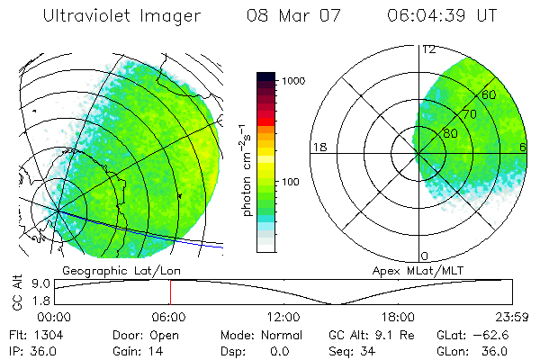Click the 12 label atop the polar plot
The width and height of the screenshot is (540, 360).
[428, 49]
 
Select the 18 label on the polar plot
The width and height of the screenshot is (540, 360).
[319, 147]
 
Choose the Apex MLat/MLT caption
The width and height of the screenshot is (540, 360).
[442, 269]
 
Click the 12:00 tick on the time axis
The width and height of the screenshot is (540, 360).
[283, 317]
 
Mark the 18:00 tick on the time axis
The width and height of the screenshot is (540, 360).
[398, 317]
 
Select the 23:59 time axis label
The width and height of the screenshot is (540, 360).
[511, 317]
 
